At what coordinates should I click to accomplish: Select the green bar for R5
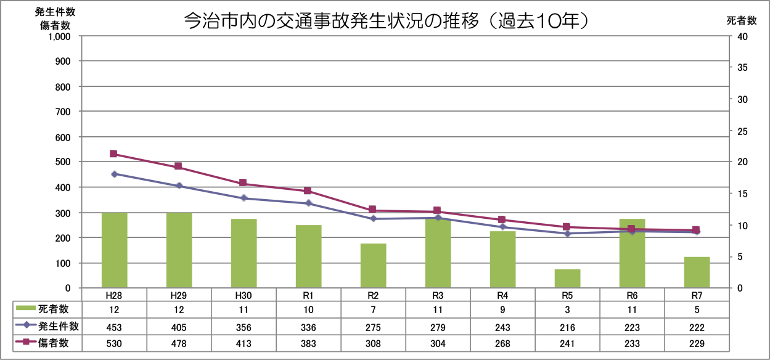point(568,279)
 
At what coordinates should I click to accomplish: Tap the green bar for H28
point(114,250)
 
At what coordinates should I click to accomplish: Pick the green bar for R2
point(373,266)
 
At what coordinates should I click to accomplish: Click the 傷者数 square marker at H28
point(113,154)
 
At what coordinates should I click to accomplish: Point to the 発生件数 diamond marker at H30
point(244,198)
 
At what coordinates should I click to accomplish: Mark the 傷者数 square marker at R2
point(373,210)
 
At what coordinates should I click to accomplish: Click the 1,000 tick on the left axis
point(60,36)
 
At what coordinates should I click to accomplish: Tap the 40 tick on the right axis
point(742,36)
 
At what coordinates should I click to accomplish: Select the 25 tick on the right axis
point(742,131)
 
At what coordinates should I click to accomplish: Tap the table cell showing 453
point(114,327)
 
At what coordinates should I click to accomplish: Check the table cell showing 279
point(438,327)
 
